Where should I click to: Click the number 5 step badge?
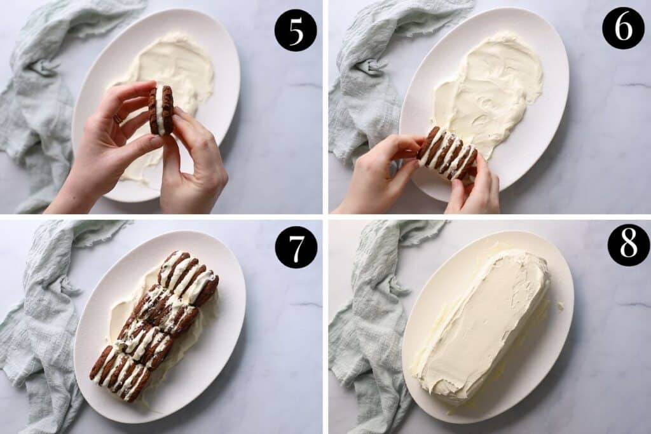(x=296, y=30)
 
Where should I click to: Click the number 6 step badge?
(x=622, y=29)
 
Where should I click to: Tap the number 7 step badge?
(x=296, y=247)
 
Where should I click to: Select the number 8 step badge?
(x=628, y=245)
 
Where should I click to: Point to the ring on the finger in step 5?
(x=118, y=118)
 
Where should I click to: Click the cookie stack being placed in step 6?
(x=447, y=153)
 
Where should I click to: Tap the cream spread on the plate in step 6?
(x=490, y=89)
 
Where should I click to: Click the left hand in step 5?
(x=105, y=153)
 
